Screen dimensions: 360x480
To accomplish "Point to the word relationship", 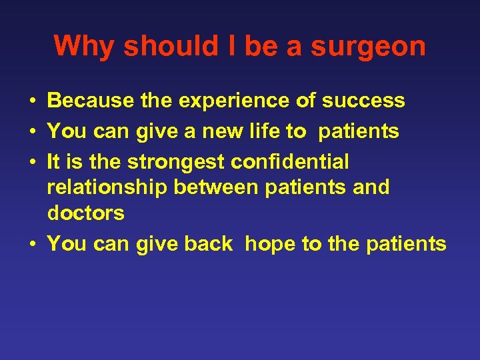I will point(107,187).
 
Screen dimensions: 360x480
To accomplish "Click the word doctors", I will point(85,213).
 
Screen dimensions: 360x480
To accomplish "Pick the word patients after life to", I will point(359,131).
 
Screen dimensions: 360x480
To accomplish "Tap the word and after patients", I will point(371,187).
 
